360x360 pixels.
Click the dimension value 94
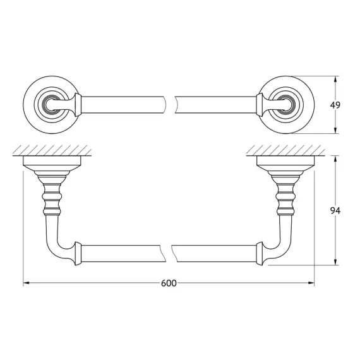pos(344,211)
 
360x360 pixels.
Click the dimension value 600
pos(168,284)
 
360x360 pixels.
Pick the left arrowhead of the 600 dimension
pos(27,284)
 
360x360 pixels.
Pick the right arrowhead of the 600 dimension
pos(311,284)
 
